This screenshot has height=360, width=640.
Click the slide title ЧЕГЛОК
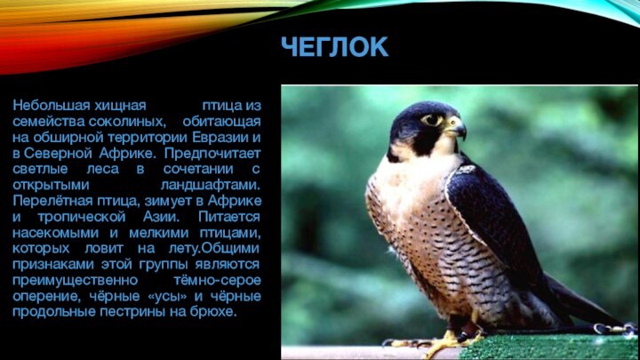[x=335, y=47]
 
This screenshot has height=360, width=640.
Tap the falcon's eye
[x=433, y=119]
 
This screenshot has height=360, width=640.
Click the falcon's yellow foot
[x=444, y=340]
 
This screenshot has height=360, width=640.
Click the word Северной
[x=54, y=154]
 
